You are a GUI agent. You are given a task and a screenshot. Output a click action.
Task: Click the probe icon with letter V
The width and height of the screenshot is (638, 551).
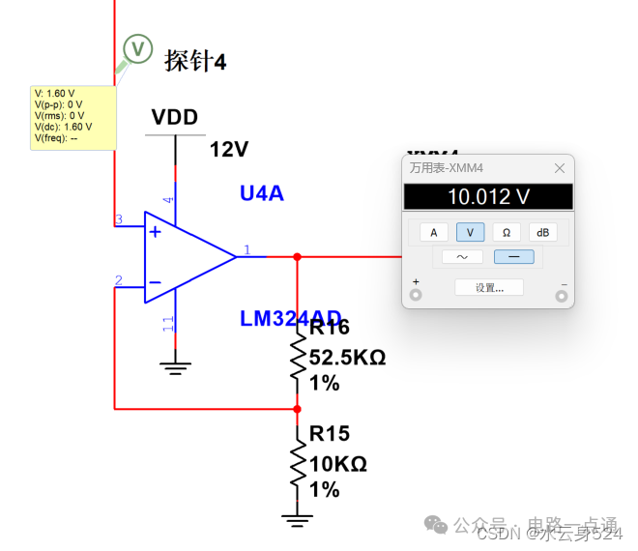pos(137,48)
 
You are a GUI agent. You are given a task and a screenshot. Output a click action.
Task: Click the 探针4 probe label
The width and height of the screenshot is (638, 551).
pos(195,61)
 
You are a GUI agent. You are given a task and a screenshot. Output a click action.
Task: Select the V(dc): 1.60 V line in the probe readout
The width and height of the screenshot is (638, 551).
pos(64,127)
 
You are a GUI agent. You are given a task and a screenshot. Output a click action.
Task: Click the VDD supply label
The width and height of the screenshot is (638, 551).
pos(175,118)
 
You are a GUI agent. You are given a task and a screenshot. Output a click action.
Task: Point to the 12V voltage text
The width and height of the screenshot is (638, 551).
pos(229,150)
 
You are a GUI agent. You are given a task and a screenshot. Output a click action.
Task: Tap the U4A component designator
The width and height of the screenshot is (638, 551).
pos(262,193)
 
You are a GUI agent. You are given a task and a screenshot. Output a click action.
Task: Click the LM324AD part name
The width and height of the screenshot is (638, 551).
pos(291,317)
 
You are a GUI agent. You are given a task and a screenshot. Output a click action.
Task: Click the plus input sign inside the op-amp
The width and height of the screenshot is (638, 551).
pos(155,232)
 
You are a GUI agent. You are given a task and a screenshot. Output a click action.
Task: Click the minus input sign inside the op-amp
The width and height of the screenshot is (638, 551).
pos(155,283)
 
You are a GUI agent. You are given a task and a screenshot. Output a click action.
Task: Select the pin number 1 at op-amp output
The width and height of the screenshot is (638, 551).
pos(246,250)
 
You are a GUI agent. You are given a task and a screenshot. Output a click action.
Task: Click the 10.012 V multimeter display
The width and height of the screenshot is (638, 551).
pos(487,197)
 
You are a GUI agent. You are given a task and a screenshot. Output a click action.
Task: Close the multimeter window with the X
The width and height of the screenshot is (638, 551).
pos(559,168)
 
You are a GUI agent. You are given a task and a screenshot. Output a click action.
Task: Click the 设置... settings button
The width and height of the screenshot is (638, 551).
pos(488,287)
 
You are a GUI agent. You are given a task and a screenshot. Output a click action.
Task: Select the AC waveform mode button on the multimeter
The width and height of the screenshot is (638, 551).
pos(462,257)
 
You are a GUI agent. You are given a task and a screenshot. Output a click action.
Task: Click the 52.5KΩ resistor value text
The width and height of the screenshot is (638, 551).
pos(347,358)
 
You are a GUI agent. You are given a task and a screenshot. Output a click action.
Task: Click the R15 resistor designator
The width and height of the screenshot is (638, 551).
pos(330,433)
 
